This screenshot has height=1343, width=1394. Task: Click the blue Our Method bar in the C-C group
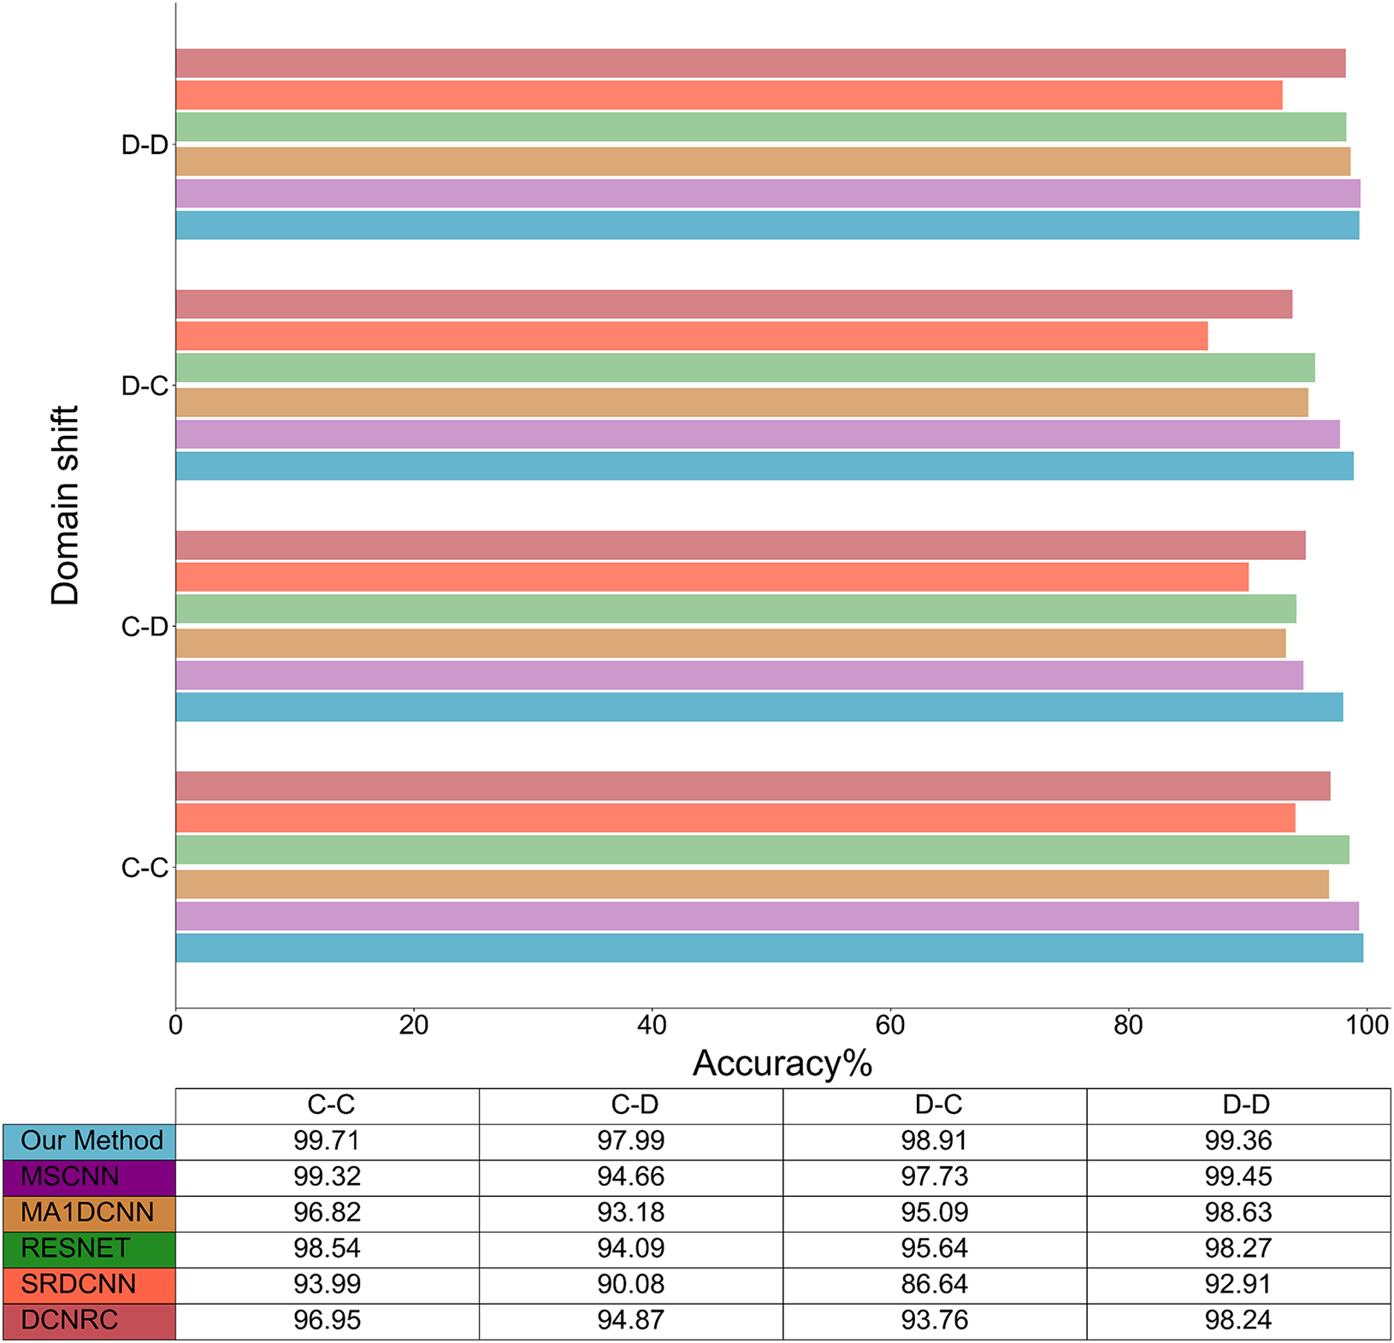coord(769,948)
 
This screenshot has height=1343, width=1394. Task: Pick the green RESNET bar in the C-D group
coord(735,609)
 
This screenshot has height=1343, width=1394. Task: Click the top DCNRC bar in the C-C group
coord(753,786)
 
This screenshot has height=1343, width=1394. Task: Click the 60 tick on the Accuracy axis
coord(890,1024)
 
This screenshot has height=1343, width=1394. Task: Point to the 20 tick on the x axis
coord(414,1024)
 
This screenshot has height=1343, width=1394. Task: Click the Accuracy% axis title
coord(782,1063)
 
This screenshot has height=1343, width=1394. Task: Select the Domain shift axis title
coord(65,505)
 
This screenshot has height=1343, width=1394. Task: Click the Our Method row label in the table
coord(90,1141)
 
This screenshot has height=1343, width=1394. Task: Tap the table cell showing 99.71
coord(328,1141)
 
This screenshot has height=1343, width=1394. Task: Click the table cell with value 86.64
coord(935,1285)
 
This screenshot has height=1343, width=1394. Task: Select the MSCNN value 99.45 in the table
coord(1238,1177)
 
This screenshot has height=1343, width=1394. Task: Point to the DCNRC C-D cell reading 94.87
coord(631,1321)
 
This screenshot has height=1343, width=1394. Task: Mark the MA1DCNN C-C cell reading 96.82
coord(328,1213)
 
